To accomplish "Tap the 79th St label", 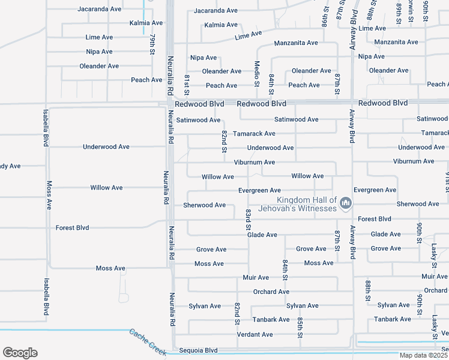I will coord(152,41).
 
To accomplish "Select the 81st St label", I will coord(187,85).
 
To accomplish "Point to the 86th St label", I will coord(324,22).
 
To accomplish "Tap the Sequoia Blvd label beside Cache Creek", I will coord(198,350).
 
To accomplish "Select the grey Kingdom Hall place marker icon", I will coord(345,204).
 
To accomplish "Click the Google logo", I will coord(20,352).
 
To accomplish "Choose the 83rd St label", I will coord(248,220).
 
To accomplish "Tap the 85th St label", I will coord(299,327).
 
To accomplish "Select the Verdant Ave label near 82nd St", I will coord(255,334).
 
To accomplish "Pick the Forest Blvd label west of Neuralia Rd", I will coord(72,228).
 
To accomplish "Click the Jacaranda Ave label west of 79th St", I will coord(99,10).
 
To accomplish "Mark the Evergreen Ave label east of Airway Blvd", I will coord(375,190).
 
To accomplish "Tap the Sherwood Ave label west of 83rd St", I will coord(204,205).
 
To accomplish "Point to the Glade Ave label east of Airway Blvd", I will coord(385,235).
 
